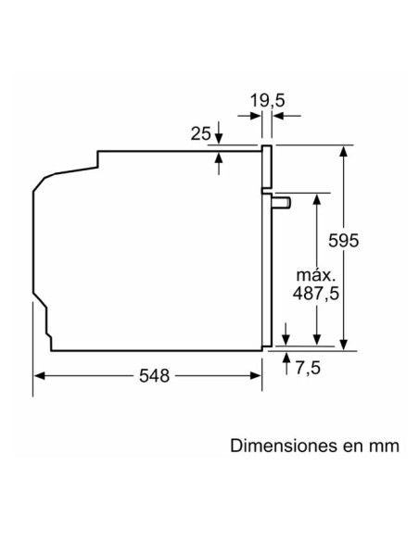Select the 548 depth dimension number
[x=154, y=375]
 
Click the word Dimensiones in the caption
[x=280, y=445]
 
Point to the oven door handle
[x=282, y=199]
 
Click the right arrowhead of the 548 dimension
[x=255, y=375]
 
